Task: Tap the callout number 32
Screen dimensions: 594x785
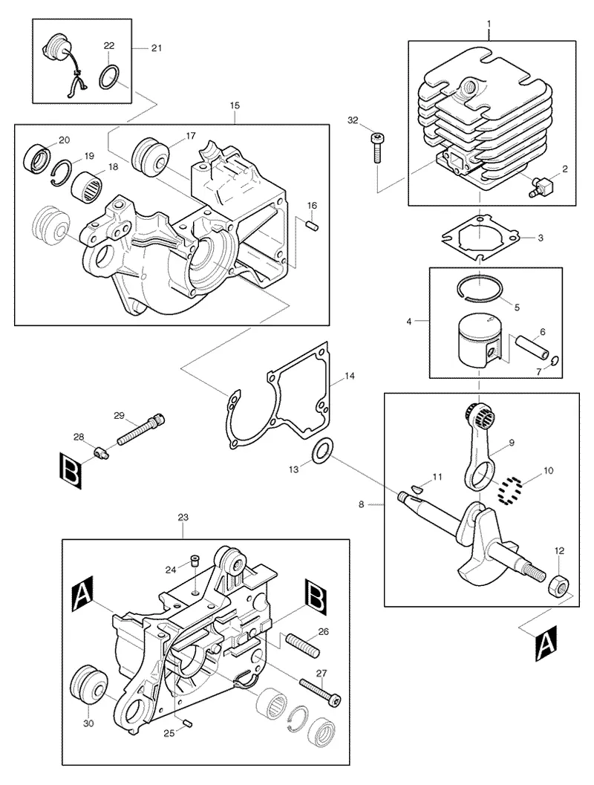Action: [353, 120]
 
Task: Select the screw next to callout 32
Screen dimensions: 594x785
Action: [376, 148]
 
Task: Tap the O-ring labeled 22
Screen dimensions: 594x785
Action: [109, 76]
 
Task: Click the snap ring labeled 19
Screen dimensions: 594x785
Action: [62, 173]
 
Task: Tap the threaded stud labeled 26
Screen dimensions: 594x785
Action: [301, 645]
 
